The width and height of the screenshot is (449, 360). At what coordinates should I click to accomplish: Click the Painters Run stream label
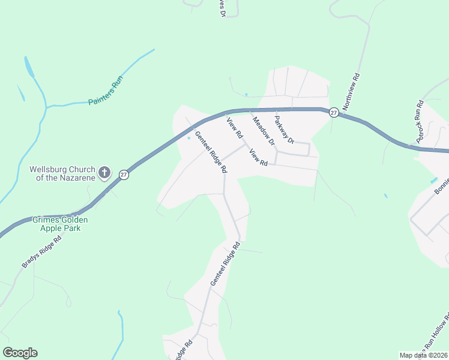pyautogui.click(x=106, y=91)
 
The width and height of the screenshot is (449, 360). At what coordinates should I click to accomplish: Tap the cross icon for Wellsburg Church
pyautogui.click(x=104, y=173)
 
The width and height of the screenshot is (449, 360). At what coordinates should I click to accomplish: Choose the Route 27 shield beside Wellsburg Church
pyautogui.click(x=123, y=175)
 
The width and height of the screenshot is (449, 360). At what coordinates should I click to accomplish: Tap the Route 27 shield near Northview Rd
pyautogui.click(x=334, y=112)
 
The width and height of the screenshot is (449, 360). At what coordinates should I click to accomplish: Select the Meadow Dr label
pyautogui.click(x=263, y=131)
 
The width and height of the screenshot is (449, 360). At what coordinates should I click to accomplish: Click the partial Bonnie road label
pyautogui.click(x=441, y=185)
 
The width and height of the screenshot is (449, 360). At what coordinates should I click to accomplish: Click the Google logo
pyautogui.click(x=20, y=353)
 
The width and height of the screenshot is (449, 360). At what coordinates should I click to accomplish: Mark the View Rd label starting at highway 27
pyautogui.click(x=234, y=126)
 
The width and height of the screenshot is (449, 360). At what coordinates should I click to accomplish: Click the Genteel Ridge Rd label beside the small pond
pyautogui.click(x=211, y=153)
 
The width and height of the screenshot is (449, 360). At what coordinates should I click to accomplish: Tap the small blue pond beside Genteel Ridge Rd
pyautogui.click(x=190, y=139)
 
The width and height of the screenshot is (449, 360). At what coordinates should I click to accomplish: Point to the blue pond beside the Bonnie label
pyautogui.click(x=433, y=180)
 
